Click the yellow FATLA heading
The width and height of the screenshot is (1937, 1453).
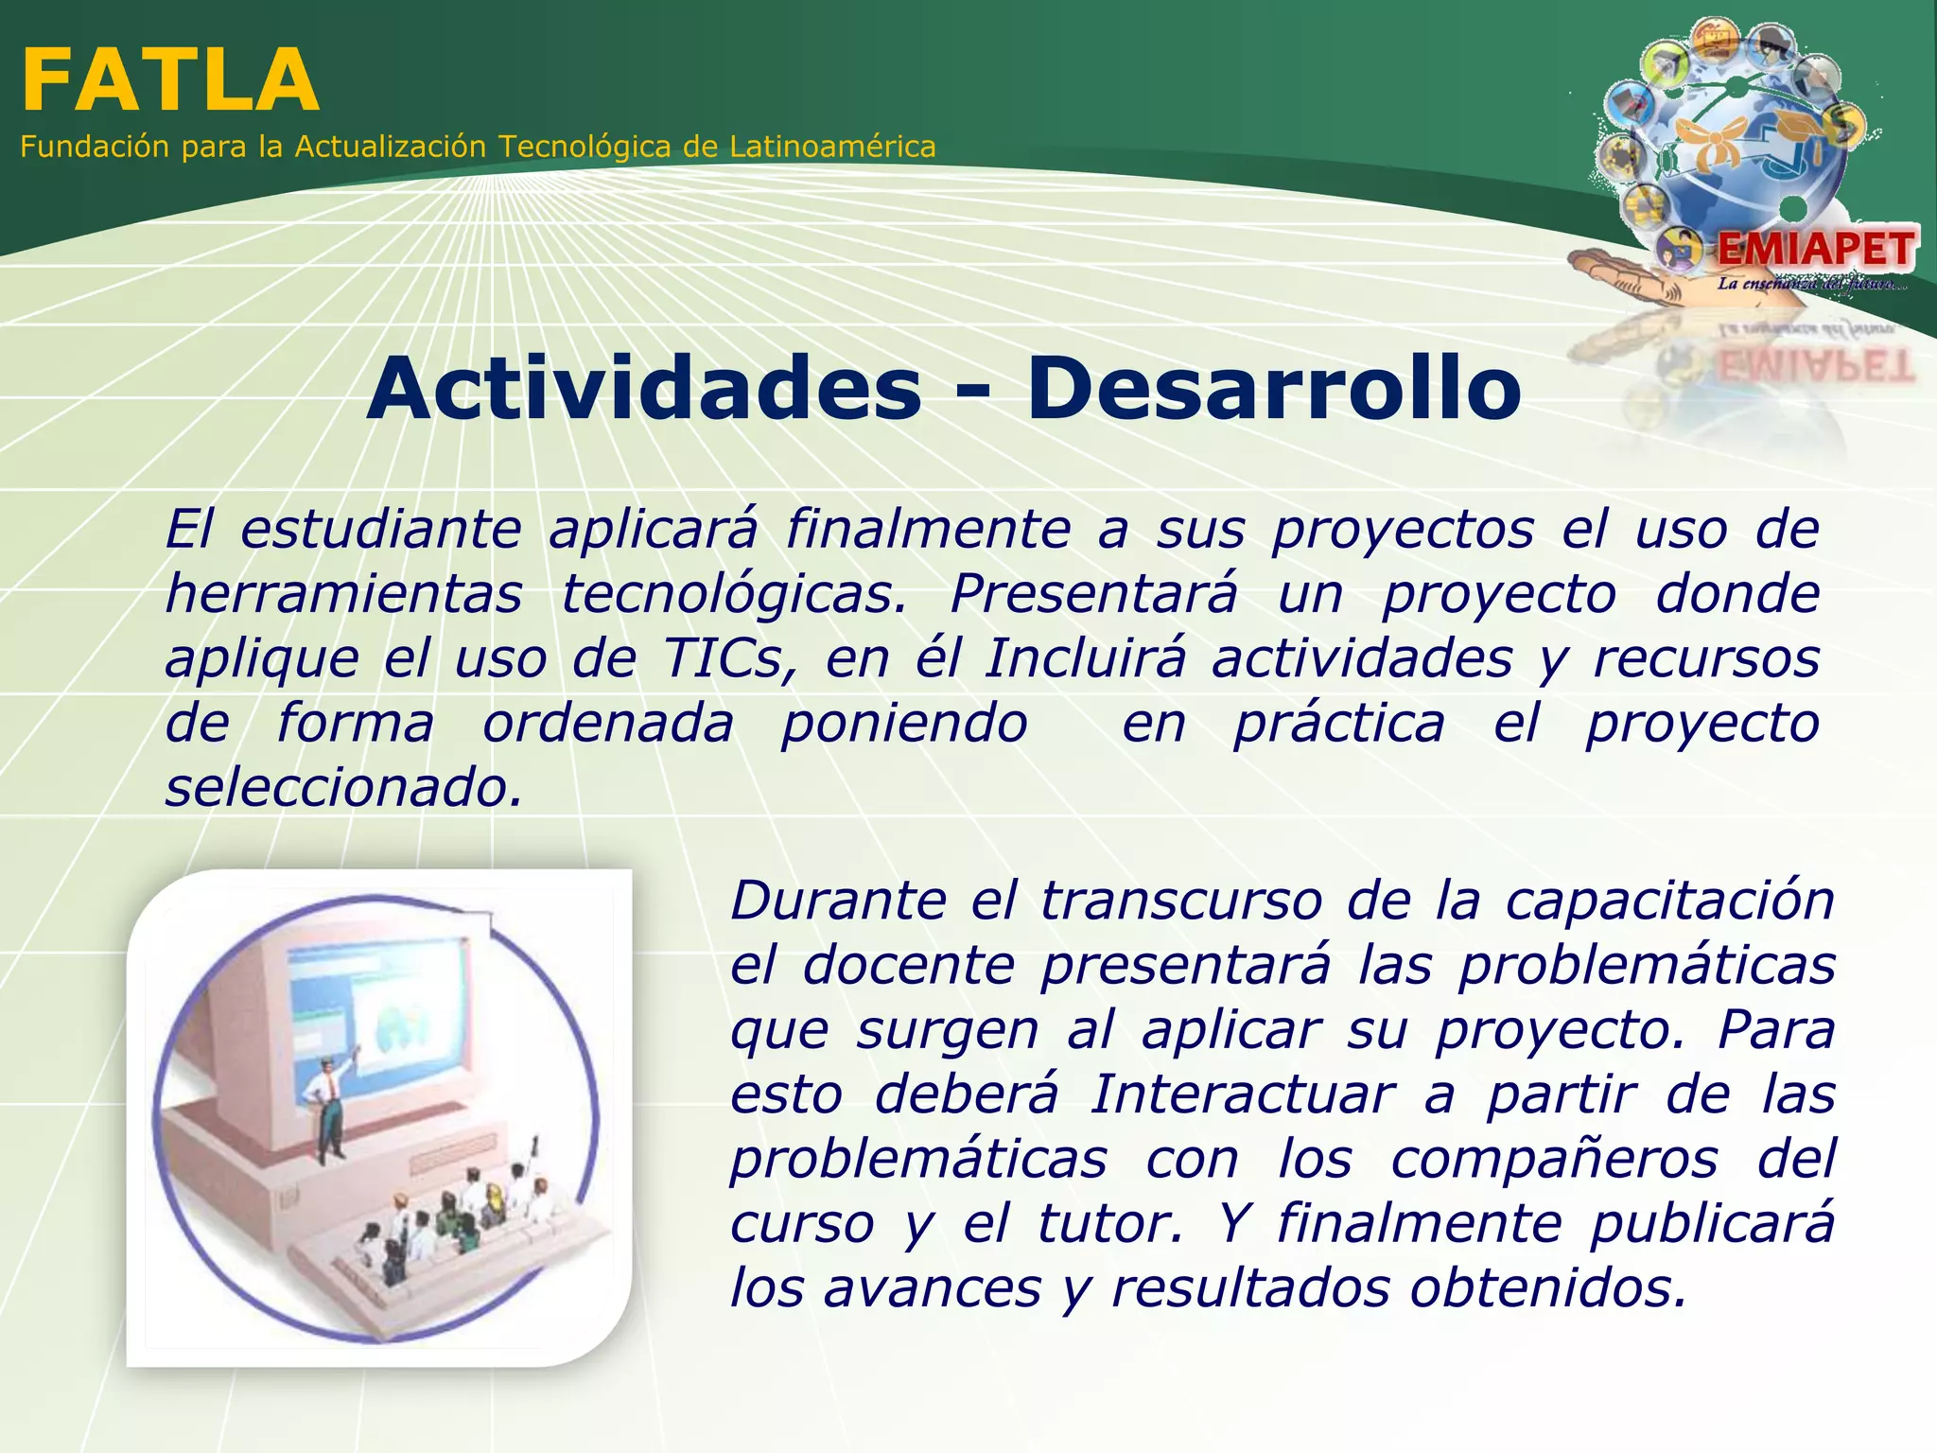pyautogui.click(x=170, y=81)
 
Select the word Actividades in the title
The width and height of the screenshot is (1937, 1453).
pyautogui.click(x=644, y=389)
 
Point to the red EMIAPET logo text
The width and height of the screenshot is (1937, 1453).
pyautogui.click(x=1815, y=250)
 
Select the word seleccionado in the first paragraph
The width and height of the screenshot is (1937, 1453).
pyautogui.click(x=342, y=788)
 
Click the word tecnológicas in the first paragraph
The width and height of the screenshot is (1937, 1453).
pyautogui.click(x=734, y=595)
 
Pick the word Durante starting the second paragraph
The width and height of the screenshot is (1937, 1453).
pyautogui.click(x=837, y=901)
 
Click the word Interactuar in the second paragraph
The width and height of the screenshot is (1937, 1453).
pyautogui.click(x=1242, y=1095)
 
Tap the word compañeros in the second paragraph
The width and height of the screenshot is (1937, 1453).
pyautogui.click(x=1554, y=1160)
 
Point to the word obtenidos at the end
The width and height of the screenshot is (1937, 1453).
pyautogui.click(x=1547, y=1288)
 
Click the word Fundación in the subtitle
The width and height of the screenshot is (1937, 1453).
pyautogui.click(x=95, y=148)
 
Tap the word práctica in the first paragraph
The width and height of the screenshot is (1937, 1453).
pyautogui.click(x=1339, y=725)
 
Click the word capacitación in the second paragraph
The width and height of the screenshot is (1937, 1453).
pyautogui.click(x=1669, y=901)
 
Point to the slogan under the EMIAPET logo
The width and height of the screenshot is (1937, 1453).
pyautogui.click(x=1810, y=284)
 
